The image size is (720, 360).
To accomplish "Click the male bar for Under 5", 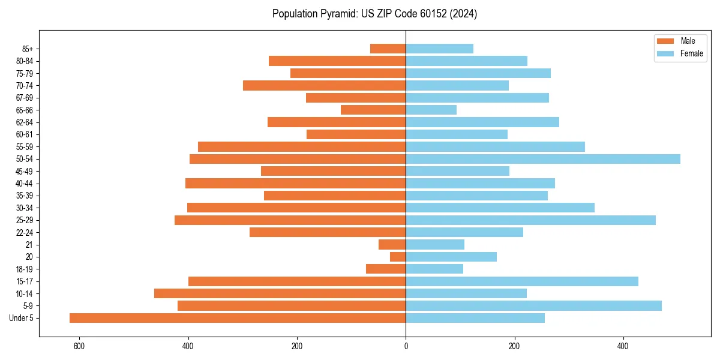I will coord(238,318).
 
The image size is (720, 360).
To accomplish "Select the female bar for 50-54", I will coord(543,159).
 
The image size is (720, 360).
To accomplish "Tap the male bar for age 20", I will coord(398,257).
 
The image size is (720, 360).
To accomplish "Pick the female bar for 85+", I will coord(439,49).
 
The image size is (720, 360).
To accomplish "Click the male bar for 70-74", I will coord(324,85).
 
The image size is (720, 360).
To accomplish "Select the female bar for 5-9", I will coord(533,306).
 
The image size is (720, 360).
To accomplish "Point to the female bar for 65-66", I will coord(431,110).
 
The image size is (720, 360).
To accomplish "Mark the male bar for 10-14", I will coord(280,293).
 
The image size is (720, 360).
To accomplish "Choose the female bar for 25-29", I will coord(530,220).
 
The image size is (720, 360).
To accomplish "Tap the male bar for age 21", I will coord(392,245).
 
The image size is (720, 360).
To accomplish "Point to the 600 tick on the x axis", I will coord(79,347).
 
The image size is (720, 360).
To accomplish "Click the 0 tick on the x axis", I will coord(406,347).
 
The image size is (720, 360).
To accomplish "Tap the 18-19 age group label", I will coord(25,269).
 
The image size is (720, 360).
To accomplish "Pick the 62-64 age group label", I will coord(25,122).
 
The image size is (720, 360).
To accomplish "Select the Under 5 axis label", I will coord(21,318).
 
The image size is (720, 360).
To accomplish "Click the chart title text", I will coord(374,14).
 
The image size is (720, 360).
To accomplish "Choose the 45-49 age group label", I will coord(25,172).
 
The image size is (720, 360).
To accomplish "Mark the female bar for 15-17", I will coord(522,281).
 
